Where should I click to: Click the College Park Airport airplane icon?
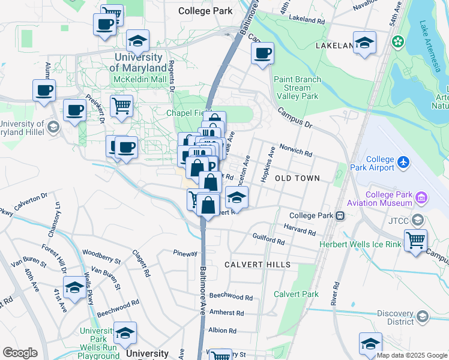[x=403, y=162]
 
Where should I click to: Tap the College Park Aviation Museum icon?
[x=421, y=197]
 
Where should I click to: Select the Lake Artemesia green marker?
[x=397, y=41]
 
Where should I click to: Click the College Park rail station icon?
[x=340, y=215]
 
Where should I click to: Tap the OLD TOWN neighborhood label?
[x=297, y=179]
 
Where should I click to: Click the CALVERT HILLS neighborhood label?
[x=258, y=265]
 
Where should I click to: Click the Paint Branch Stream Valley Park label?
[x=297, y=88]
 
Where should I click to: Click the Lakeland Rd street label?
[x=306, y=19]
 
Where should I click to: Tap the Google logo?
[x=20, y=353]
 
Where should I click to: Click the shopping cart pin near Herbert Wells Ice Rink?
[x=415, y=240]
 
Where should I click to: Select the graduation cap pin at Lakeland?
[x=364, y=43]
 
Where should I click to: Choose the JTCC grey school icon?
[x=418, y=220]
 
